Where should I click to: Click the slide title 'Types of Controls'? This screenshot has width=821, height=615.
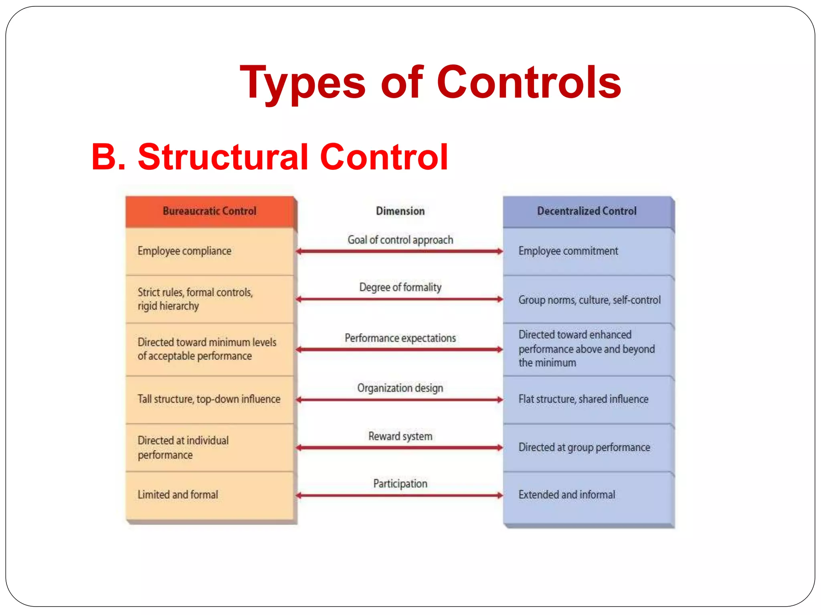coord(430,83)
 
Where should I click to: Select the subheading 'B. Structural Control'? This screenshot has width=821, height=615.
coord(269,157)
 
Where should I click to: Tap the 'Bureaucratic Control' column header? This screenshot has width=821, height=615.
coord(209,211)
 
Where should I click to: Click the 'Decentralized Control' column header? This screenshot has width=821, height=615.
coord(586,211)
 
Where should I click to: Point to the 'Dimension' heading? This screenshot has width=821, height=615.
coord(400,211)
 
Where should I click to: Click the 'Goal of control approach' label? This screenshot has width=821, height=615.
coord(400,240)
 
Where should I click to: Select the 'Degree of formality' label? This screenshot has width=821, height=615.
coord(400,287)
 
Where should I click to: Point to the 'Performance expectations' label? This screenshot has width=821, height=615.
coord(400,338)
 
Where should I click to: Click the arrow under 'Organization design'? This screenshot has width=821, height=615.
coord(400,400)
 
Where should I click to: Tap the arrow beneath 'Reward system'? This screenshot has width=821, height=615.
coord(400,448)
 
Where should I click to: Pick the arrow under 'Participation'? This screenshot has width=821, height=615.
coord(400,495)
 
